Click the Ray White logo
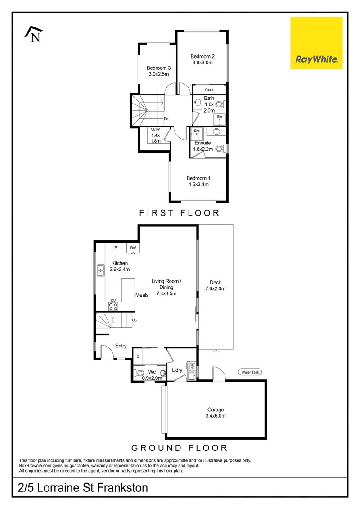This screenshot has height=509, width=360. click(316, 43)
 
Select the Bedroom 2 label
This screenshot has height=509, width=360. click(202, 57)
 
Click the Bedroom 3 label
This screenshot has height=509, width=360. click(158, 68)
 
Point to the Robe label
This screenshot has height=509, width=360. click(209, 90)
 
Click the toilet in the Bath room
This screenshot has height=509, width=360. click(220, 104)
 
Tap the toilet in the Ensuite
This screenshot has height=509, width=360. click(220, 149)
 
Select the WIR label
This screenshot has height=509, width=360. click(156, 130)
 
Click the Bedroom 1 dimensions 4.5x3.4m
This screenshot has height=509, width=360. click(198, 185)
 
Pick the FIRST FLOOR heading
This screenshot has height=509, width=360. click(180, 213)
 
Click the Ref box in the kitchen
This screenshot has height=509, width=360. click(133, 248)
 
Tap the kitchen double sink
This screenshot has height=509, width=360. click(101, 270)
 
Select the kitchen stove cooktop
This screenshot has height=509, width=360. click(113, 306)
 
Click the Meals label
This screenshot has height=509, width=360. click(142, 295)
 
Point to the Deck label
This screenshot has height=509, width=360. click(215, 283)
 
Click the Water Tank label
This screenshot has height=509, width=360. click(250, 372)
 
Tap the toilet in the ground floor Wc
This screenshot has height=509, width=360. click(139, 373)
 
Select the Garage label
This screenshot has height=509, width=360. click(216, 410)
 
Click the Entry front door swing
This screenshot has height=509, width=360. click(107, 352)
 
